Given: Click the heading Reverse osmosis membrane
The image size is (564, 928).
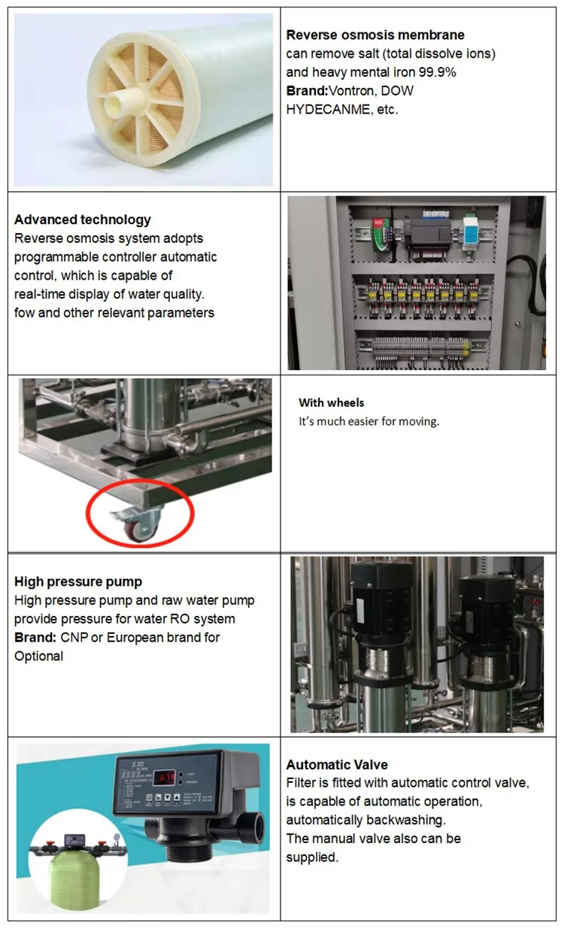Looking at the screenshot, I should tap(375, 35).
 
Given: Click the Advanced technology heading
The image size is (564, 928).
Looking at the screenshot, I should tap(83, 220).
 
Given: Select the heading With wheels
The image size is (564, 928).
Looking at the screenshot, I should tap(331, 402).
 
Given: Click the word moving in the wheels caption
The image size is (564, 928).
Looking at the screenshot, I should tap(420, 421).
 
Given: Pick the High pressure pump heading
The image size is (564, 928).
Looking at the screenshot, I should tap(78, 581).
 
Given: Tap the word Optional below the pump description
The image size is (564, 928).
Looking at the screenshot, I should tap(39, 656).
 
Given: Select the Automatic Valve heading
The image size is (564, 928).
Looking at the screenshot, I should tap(337, 765).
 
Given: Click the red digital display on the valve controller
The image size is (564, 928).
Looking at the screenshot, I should tap(165, 776).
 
